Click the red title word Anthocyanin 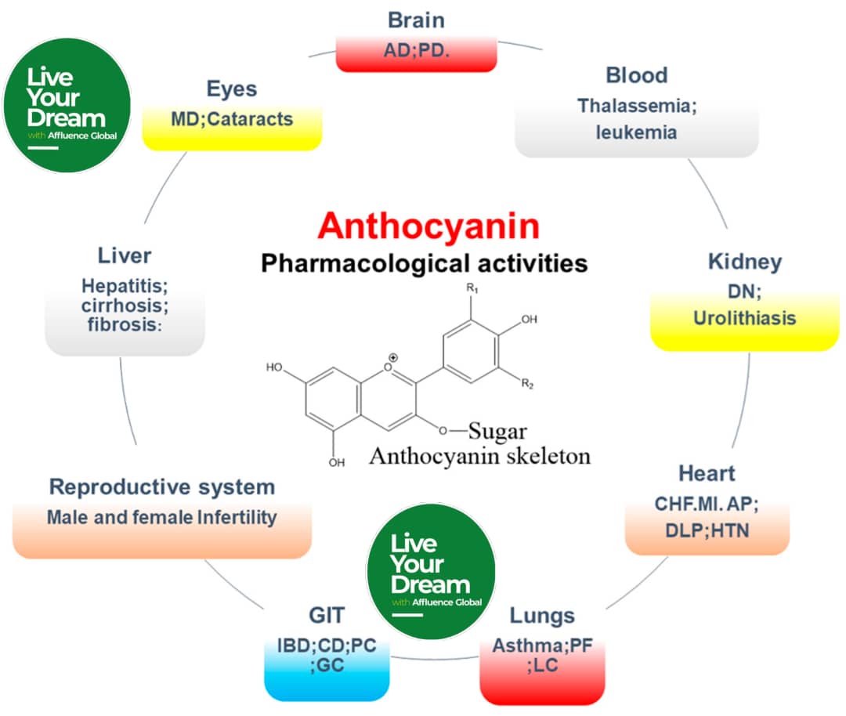tap(428, 226)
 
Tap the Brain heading tap(417, 19)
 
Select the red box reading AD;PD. tap(417, 52)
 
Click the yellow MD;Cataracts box tap(232, 121)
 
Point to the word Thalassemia tap(637, 106)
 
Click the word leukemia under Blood tap(636, 132)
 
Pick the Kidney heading tap(744, 262)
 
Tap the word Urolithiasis tap(744, 318)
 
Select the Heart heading tap(707, 473)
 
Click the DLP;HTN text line tap(707, 530)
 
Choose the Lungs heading tap(542, 615)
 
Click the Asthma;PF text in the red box tap(542, 647)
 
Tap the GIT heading tap(327, 615)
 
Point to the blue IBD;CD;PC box tap(327, 658)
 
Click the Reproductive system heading tap(162, 486)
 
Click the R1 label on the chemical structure tap(472, 289)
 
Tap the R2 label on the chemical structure tap(530, 384)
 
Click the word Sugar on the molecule tap(498, 431)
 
